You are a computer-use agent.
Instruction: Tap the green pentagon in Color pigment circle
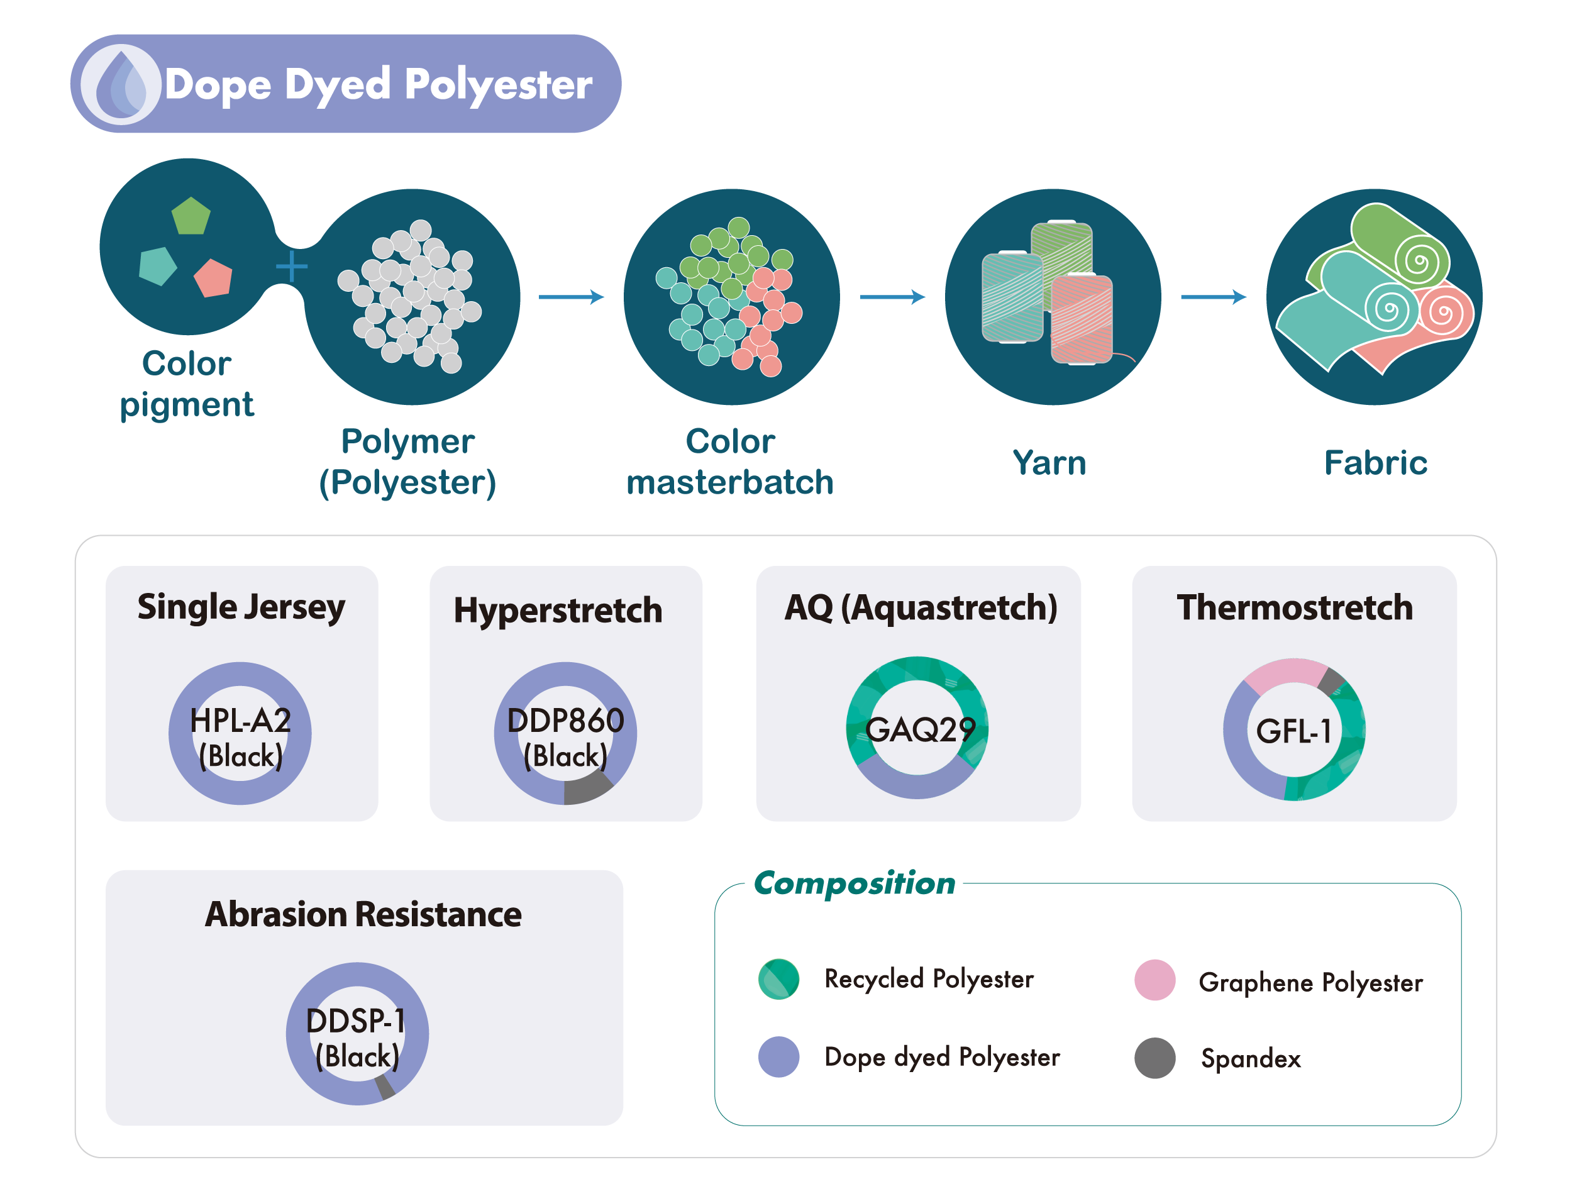191,217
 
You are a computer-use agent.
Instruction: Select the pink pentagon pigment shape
214,278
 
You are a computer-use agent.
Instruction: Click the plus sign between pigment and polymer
291,267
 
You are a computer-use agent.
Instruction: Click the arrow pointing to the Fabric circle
1213,296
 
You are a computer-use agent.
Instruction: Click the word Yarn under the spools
1049,463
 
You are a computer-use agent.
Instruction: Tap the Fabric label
1376,463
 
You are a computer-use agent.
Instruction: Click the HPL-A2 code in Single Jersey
241,721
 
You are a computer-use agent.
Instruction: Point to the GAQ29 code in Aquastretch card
921,730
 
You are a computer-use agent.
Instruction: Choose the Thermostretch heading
1295,607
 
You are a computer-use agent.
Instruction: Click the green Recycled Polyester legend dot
779,979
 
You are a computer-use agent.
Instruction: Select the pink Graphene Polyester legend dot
1155,980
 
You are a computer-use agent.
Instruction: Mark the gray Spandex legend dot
1155,1058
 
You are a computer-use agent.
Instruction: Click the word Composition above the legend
854,883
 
